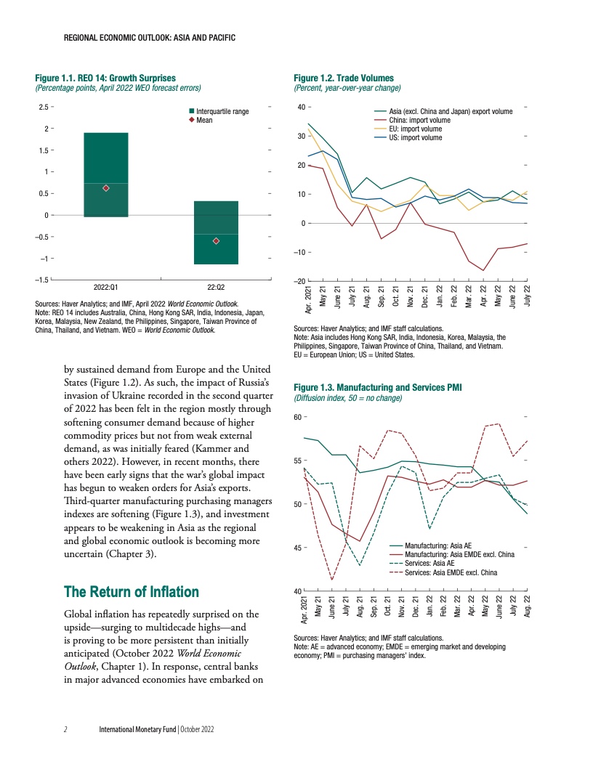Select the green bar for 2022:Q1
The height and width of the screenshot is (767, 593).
tap(106, 174)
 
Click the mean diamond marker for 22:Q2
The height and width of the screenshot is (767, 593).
tap(216, 240)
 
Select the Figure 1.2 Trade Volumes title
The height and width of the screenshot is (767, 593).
tap(343, 78)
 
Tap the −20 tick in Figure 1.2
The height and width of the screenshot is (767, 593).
tap(296, 281)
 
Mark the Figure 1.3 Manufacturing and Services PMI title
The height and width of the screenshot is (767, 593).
tap(378, 388)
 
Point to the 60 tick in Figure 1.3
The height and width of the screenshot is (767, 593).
tap(298, 417)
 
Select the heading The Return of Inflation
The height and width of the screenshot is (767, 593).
tap(131, 591)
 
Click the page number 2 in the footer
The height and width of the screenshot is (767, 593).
tap(65, 729)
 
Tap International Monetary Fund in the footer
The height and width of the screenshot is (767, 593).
tap(138, 729)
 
